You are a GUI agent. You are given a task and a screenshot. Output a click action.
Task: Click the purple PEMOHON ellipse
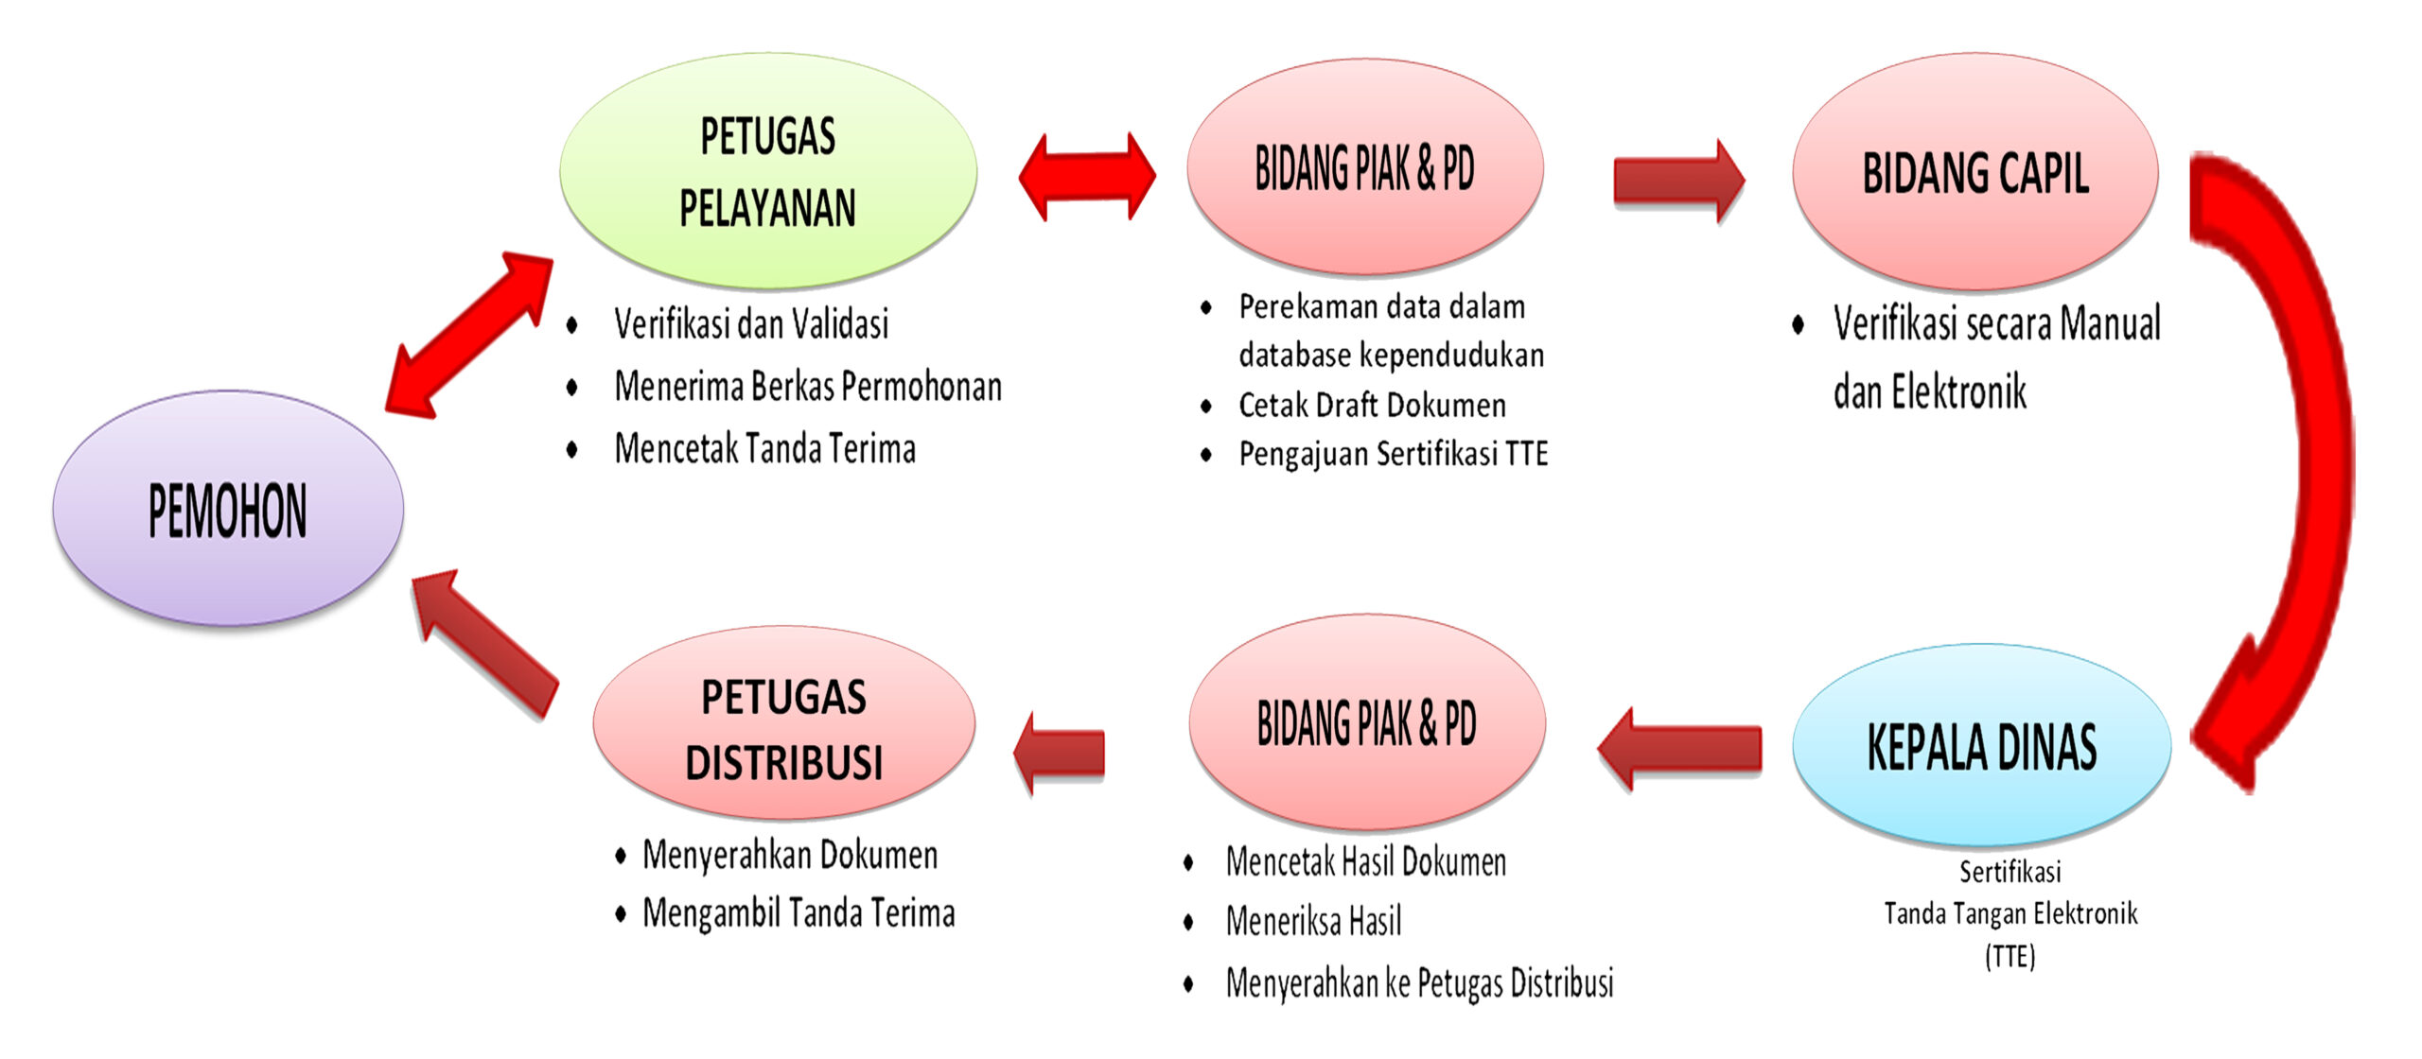[228, 509]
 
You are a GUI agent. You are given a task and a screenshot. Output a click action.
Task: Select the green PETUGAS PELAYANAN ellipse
[768, 170]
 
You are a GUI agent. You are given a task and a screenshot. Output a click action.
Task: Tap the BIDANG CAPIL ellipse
[1975, 172]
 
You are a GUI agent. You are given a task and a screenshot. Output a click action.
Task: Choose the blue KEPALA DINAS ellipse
[1981, 746]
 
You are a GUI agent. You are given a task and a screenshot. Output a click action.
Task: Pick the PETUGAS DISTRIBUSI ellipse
[783, 723]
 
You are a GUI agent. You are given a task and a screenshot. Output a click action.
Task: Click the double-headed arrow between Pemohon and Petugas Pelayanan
[469, 335]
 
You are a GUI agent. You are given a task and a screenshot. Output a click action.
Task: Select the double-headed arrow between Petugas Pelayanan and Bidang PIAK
[1087, 177]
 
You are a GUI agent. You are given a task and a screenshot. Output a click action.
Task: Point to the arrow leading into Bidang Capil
[1679, 181]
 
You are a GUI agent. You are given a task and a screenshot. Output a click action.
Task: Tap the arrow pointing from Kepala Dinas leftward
[1679, 748]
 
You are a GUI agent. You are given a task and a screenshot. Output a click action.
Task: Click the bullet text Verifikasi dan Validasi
[751, 323]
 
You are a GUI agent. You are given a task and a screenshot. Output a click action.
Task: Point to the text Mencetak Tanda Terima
[764, 448]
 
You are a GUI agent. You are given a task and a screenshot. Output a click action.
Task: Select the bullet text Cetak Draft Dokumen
[1372, 405]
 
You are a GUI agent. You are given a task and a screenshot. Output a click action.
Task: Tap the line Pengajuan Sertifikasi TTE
[1394, 454]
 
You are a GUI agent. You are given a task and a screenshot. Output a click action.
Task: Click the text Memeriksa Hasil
[1313, 921]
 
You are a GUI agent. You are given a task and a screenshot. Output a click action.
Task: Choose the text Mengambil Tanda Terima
[799, 913]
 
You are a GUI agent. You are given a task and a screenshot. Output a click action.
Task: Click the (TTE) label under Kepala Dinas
[2010, 957]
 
